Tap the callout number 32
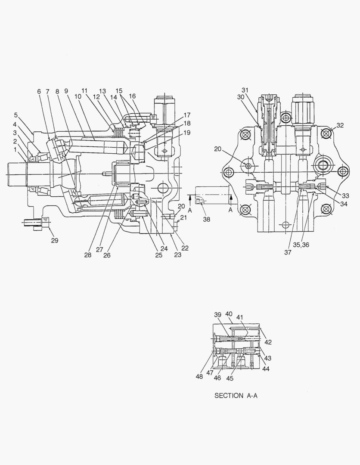click(340, 126)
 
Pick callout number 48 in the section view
click(199, 376)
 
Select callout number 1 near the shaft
click(15, 150)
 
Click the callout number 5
click(16, 115)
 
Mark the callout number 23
click(178, 254)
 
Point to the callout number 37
click(288, 253)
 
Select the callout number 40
click(229, 314)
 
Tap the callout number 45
click(230, 378)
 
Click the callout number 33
click(345, 195)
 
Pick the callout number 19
click(186, 133)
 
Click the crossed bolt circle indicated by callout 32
click(326, 134)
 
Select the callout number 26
click(106, 255)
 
